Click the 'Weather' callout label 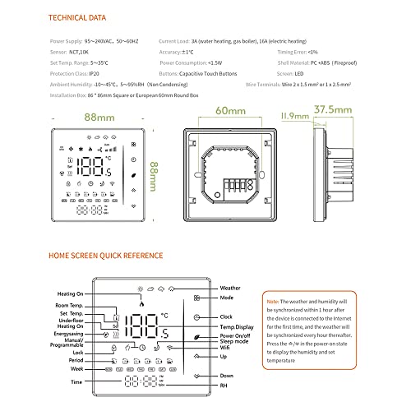click(x=232, y=289)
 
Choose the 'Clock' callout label click(x=229, y=316)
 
